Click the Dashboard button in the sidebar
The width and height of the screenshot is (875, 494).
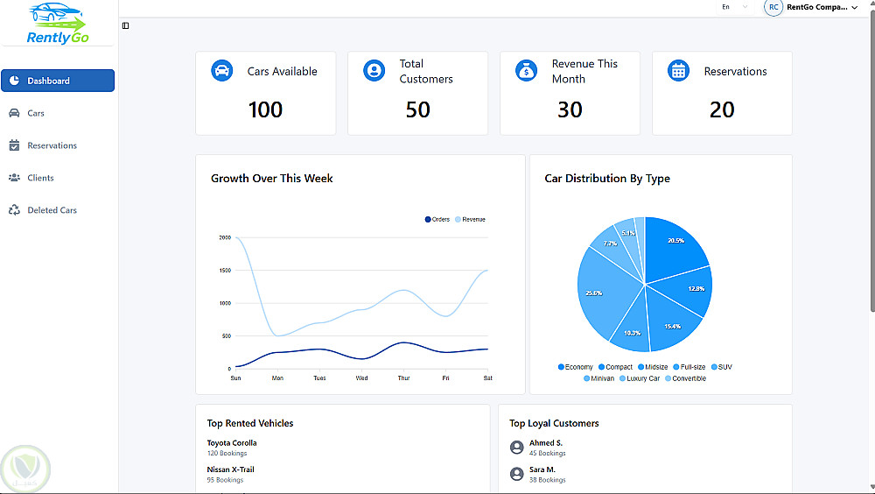58,81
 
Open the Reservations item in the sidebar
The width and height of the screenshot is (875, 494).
52,145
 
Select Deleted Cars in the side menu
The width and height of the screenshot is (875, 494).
52,210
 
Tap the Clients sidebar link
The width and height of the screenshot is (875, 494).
40,178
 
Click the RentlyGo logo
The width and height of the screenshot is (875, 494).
58,25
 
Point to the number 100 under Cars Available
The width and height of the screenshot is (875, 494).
265,110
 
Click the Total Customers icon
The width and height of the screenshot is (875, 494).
374,71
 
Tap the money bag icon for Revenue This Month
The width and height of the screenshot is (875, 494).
526,71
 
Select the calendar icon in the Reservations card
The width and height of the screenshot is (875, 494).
678,71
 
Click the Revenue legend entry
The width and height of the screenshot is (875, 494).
470,219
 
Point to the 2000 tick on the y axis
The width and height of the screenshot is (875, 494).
225,237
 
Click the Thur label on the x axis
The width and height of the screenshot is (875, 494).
403,378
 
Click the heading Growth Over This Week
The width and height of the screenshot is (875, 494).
271,178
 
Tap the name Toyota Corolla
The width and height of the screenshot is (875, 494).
232,442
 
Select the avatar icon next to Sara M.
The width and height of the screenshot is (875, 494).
516,474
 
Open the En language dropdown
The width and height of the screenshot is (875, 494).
733,7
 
